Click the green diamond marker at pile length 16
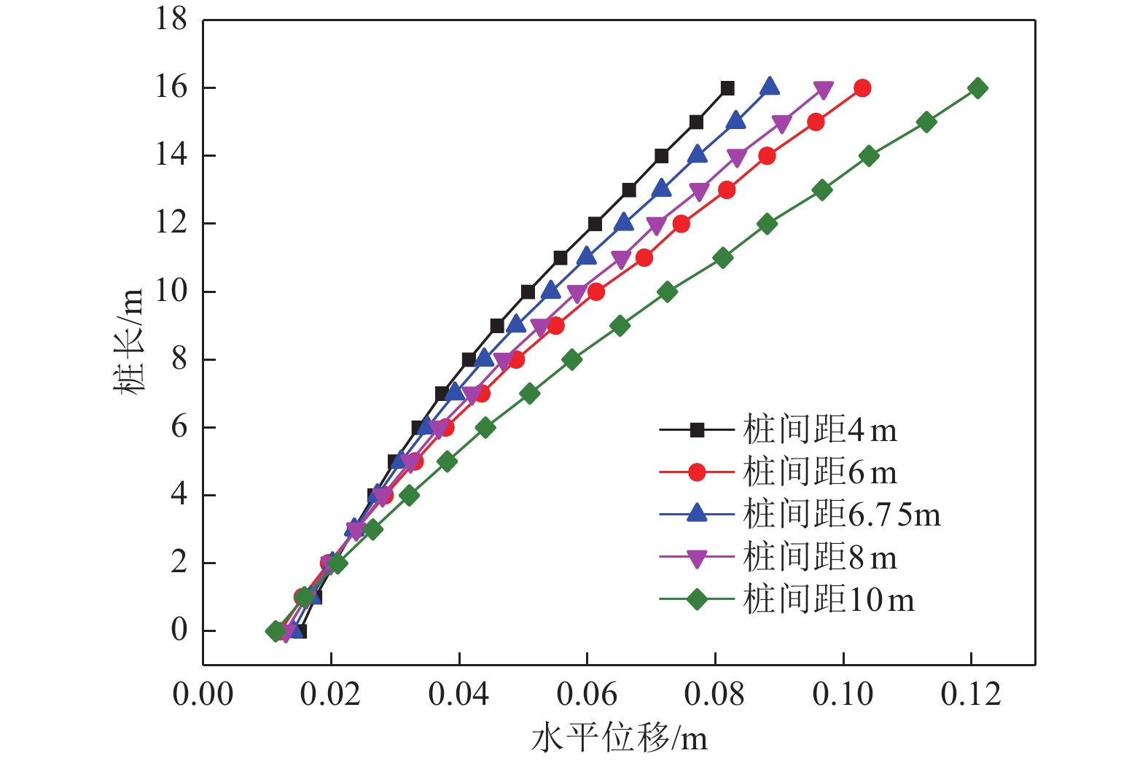[x=978, y=88]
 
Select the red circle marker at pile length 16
[x=862, y=88]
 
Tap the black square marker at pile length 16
[x=727, y=88]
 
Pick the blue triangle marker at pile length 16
[x=770, y=87]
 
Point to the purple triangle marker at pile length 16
[x=824, y=90]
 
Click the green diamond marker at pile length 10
[x=667, y=292]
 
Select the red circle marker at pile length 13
[x=727, y=190]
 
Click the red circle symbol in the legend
[x=697, y=472]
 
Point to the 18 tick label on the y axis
[x=171, y=20]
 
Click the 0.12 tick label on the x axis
[x=971, y=695]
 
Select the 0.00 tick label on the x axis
[x=203, y=695]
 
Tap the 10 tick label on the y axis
[x=171, y=292]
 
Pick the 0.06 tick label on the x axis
[x=587, y=695]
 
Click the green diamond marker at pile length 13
[x=822, y=190]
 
